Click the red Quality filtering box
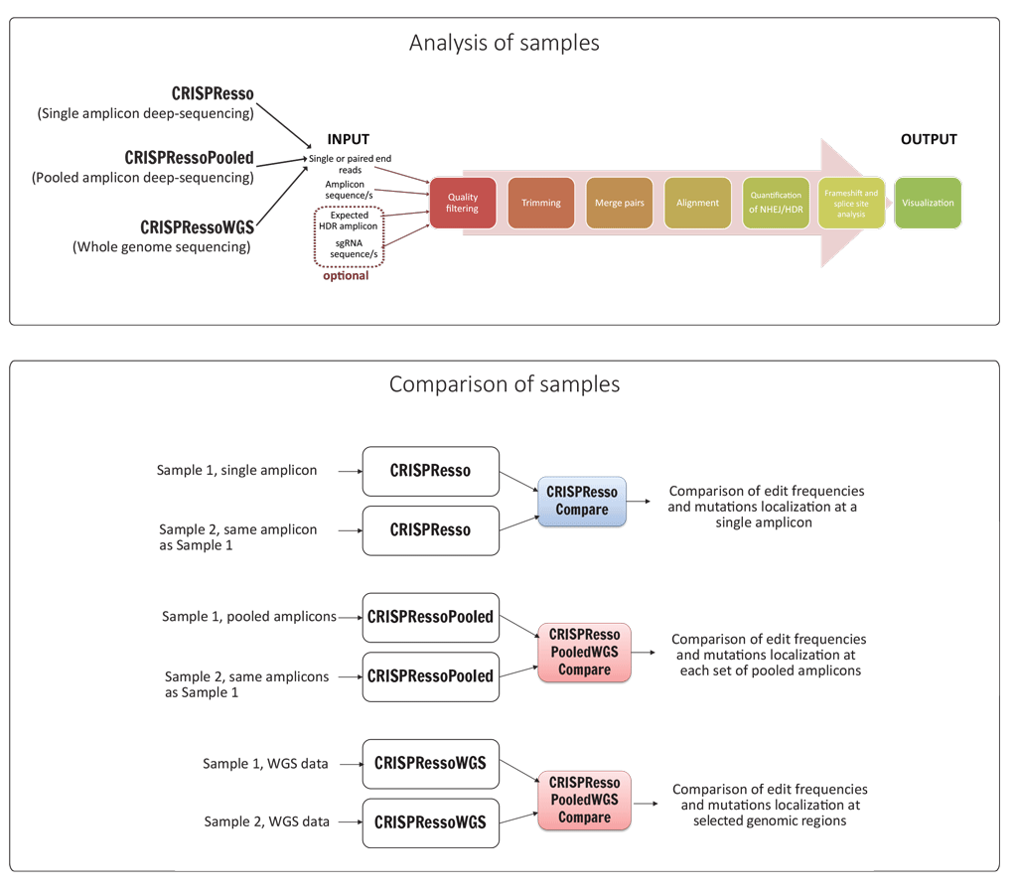point(462,203)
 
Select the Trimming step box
point(540,203)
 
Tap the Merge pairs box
point(619,203)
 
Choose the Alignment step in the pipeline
point(697,203)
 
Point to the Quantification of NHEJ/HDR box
point(776,203)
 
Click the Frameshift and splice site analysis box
point(851,203)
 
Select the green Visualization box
point(928,203)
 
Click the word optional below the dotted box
point(346,275)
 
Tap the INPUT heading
point(348,140)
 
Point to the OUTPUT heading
point(929,139)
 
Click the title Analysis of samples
point(505,43)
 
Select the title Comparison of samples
point(505,383)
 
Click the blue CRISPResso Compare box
point(581,501)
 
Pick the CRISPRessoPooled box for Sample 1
point(430,617)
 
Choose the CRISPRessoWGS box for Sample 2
point(430,822)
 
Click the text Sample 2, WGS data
point(266,821)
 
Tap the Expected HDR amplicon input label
point(349,221)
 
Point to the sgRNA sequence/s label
point(349,247)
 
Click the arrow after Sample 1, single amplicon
point(350,471)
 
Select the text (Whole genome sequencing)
point(161,246)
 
